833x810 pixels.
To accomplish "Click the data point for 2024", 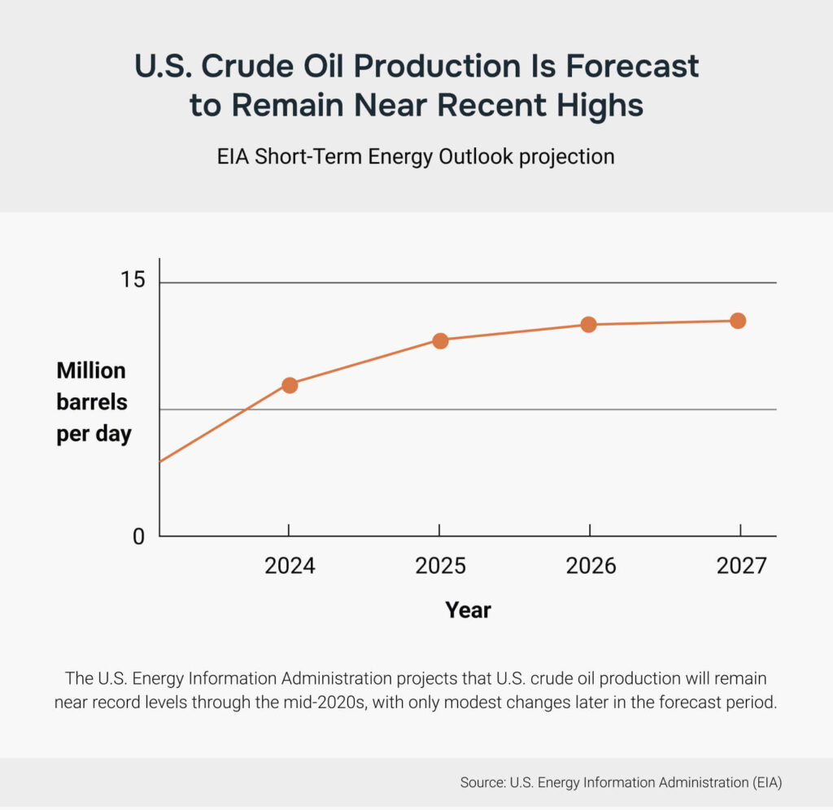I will coord(289,385).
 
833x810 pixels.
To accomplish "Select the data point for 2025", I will coord(440,340).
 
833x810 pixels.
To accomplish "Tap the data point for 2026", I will coord(589,325).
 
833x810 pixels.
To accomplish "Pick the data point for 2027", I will coord(738,321).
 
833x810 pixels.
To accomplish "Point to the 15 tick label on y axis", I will coord(132,282).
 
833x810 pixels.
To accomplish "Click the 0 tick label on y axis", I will coord(137,537).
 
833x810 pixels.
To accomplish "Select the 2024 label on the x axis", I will coord(290,566).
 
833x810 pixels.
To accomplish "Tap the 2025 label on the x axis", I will coord(440,566).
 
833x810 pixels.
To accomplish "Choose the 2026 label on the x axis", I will coord(591,566).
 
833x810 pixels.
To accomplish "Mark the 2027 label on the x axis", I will coord(741,566).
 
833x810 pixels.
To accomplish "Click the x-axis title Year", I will coord(468,610).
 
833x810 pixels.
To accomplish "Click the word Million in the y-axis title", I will coord(91,371).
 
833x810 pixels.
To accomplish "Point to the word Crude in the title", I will coord(244,67).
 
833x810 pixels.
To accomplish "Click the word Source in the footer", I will coord(482,783).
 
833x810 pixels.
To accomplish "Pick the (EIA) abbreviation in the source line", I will coord(761,783).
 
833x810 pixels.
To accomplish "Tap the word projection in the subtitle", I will coord(566,155).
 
